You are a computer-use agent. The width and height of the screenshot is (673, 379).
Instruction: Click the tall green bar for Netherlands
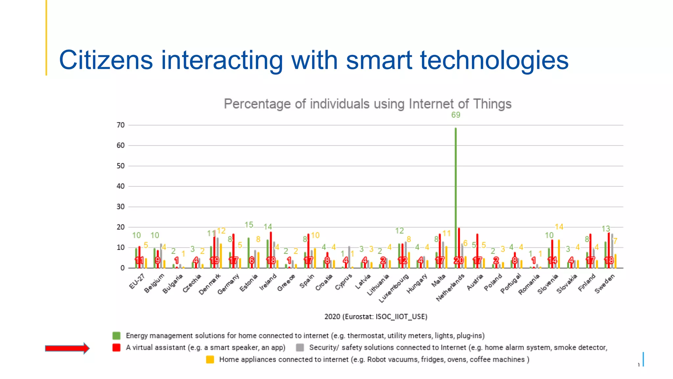455,197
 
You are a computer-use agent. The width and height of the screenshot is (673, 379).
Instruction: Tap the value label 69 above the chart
455,115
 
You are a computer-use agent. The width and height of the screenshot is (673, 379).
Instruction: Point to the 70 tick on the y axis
121,125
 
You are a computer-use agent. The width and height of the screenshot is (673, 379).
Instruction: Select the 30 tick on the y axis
121,207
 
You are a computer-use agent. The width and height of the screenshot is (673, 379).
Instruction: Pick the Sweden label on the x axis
605,284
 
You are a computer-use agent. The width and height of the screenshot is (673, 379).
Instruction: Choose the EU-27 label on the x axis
137,282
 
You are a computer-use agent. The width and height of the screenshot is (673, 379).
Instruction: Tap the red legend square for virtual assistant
116,348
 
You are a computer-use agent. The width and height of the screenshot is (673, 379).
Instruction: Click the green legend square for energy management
116,336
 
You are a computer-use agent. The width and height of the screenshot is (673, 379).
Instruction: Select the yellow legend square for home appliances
210,360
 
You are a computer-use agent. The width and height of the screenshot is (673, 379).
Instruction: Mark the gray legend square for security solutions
300,348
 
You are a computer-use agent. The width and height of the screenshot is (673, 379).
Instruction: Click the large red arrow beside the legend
67,348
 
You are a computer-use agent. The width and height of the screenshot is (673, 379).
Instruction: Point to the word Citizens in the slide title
106,60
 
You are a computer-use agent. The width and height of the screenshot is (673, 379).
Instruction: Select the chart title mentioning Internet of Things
367,104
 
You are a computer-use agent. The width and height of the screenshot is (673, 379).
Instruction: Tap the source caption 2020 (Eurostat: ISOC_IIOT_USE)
376,316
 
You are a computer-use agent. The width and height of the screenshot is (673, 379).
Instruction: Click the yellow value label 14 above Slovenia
559,227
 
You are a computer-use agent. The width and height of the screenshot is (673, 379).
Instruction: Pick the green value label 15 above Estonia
249,225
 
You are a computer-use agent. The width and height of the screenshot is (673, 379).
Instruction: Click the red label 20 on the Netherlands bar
458,260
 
